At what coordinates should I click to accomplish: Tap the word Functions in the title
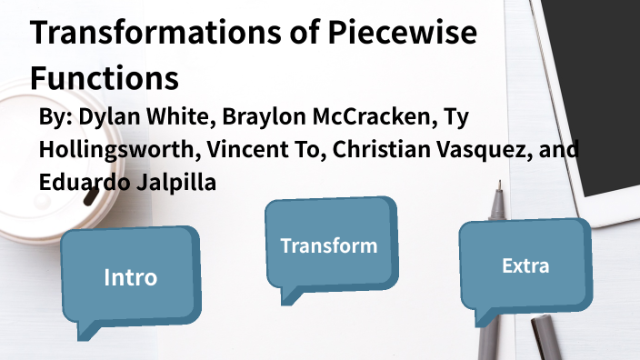(104, 76)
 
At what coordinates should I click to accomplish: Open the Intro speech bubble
(130, 276)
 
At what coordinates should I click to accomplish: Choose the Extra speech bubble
(525, 266)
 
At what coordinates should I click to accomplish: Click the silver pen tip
(499, 194)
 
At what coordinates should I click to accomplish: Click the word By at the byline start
(55, 119)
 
